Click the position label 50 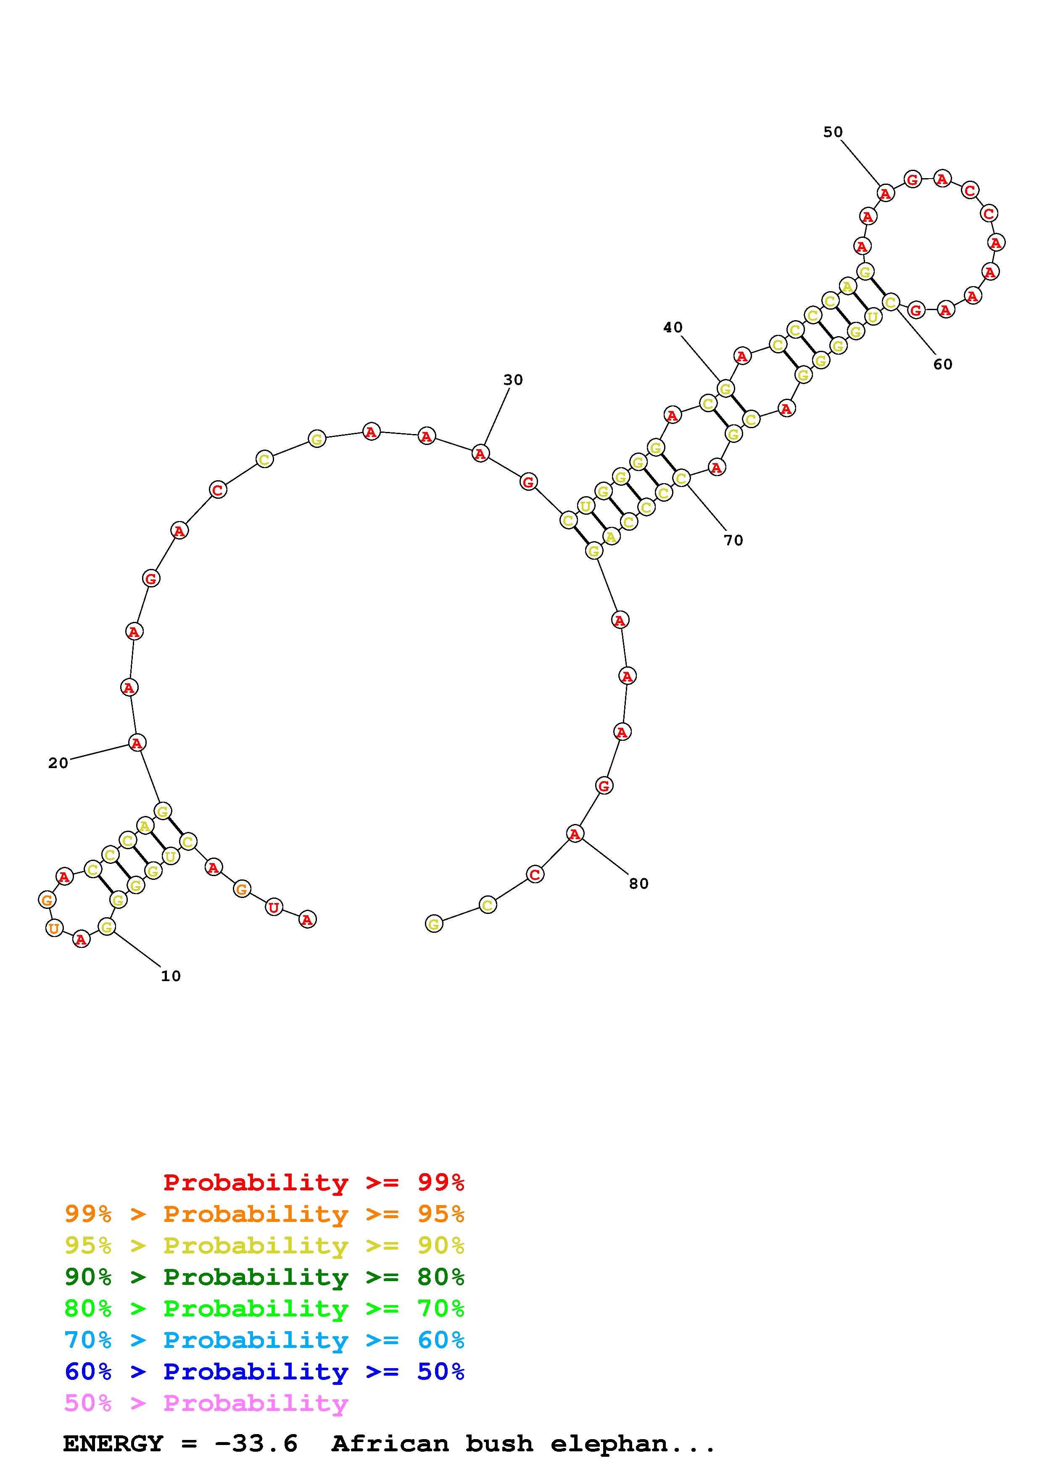(833, 132)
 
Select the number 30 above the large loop (513, 380)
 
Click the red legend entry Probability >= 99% (314, 1182)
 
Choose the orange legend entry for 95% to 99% (264, 1213)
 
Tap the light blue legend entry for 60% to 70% (264, 1340)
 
